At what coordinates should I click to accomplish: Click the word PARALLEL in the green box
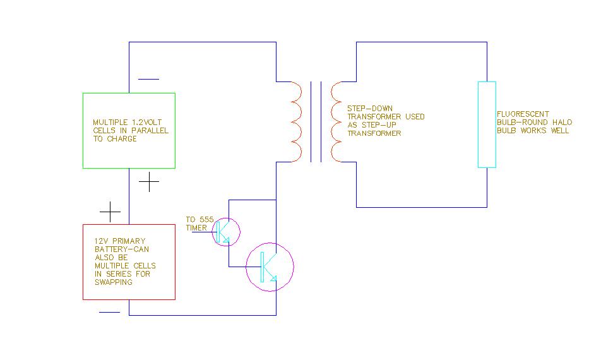click(150, 131)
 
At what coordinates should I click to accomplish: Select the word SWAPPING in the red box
click(114, 282)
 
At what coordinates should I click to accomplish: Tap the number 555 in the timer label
click(206, 220)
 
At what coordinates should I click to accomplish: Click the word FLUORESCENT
click(523, 114)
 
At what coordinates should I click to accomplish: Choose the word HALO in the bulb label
click(562, 123)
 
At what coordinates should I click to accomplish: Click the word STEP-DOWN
click(370, 109)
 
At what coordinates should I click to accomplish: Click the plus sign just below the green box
click(149, 182)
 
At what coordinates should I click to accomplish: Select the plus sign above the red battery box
click(110, 212)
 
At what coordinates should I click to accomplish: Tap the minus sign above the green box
click(148, 80)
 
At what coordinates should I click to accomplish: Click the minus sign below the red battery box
click(110, 312)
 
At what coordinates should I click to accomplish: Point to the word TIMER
click(196, 228)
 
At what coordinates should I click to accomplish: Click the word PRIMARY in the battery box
click(128, 241)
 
